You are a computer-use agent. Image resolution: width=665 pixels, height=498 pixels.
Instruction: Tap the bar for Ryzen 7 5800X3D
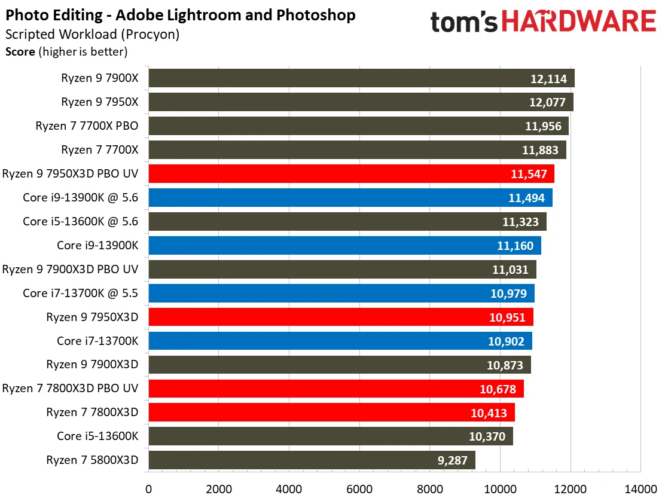[x=312, y=460]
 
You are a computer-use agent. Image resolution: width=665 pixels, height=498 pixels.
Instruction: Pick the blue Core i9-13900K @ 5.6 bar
[x=350, y=198]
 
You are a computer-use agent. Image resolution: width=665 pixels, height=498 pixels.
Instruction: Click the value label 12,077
[x=547, y=102]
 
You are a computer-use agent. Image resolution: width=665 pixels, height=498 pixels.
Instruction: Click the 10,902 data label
[x=506, y=341]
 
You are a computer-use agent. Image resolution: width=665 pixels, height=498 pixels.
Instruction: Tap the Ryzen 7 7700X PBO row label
[x=87, y=126]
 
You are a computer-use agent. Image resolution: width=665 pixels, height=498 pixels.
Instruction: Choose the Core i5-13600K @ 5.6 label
[x=80, y=221]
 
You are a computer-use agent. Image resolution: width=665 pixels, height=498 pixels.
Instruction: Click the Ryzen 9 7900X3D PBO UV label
[x=70, y=269]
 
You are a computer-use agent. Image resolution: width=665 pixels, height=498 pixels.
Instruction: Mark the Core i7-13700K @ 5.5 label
[x=80, y=293]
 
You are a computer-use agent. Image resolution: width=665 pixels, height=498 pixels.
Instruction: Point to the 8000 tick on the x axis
[x=430, y=488]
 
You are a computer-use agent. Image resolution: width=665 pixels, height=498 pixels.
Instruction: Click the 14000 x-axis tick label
[x=640, y=488]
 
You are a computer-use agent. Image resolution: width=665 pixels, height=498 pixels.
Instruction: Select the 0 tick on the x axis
[x=148, y=488]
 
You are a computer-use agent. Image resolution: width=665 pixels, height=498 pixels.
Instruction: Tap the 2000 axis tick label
[x=219, y=488]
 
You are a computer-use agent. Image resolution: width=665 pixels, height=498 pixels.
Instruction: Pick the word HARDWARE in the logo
[x=578, y=22]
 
